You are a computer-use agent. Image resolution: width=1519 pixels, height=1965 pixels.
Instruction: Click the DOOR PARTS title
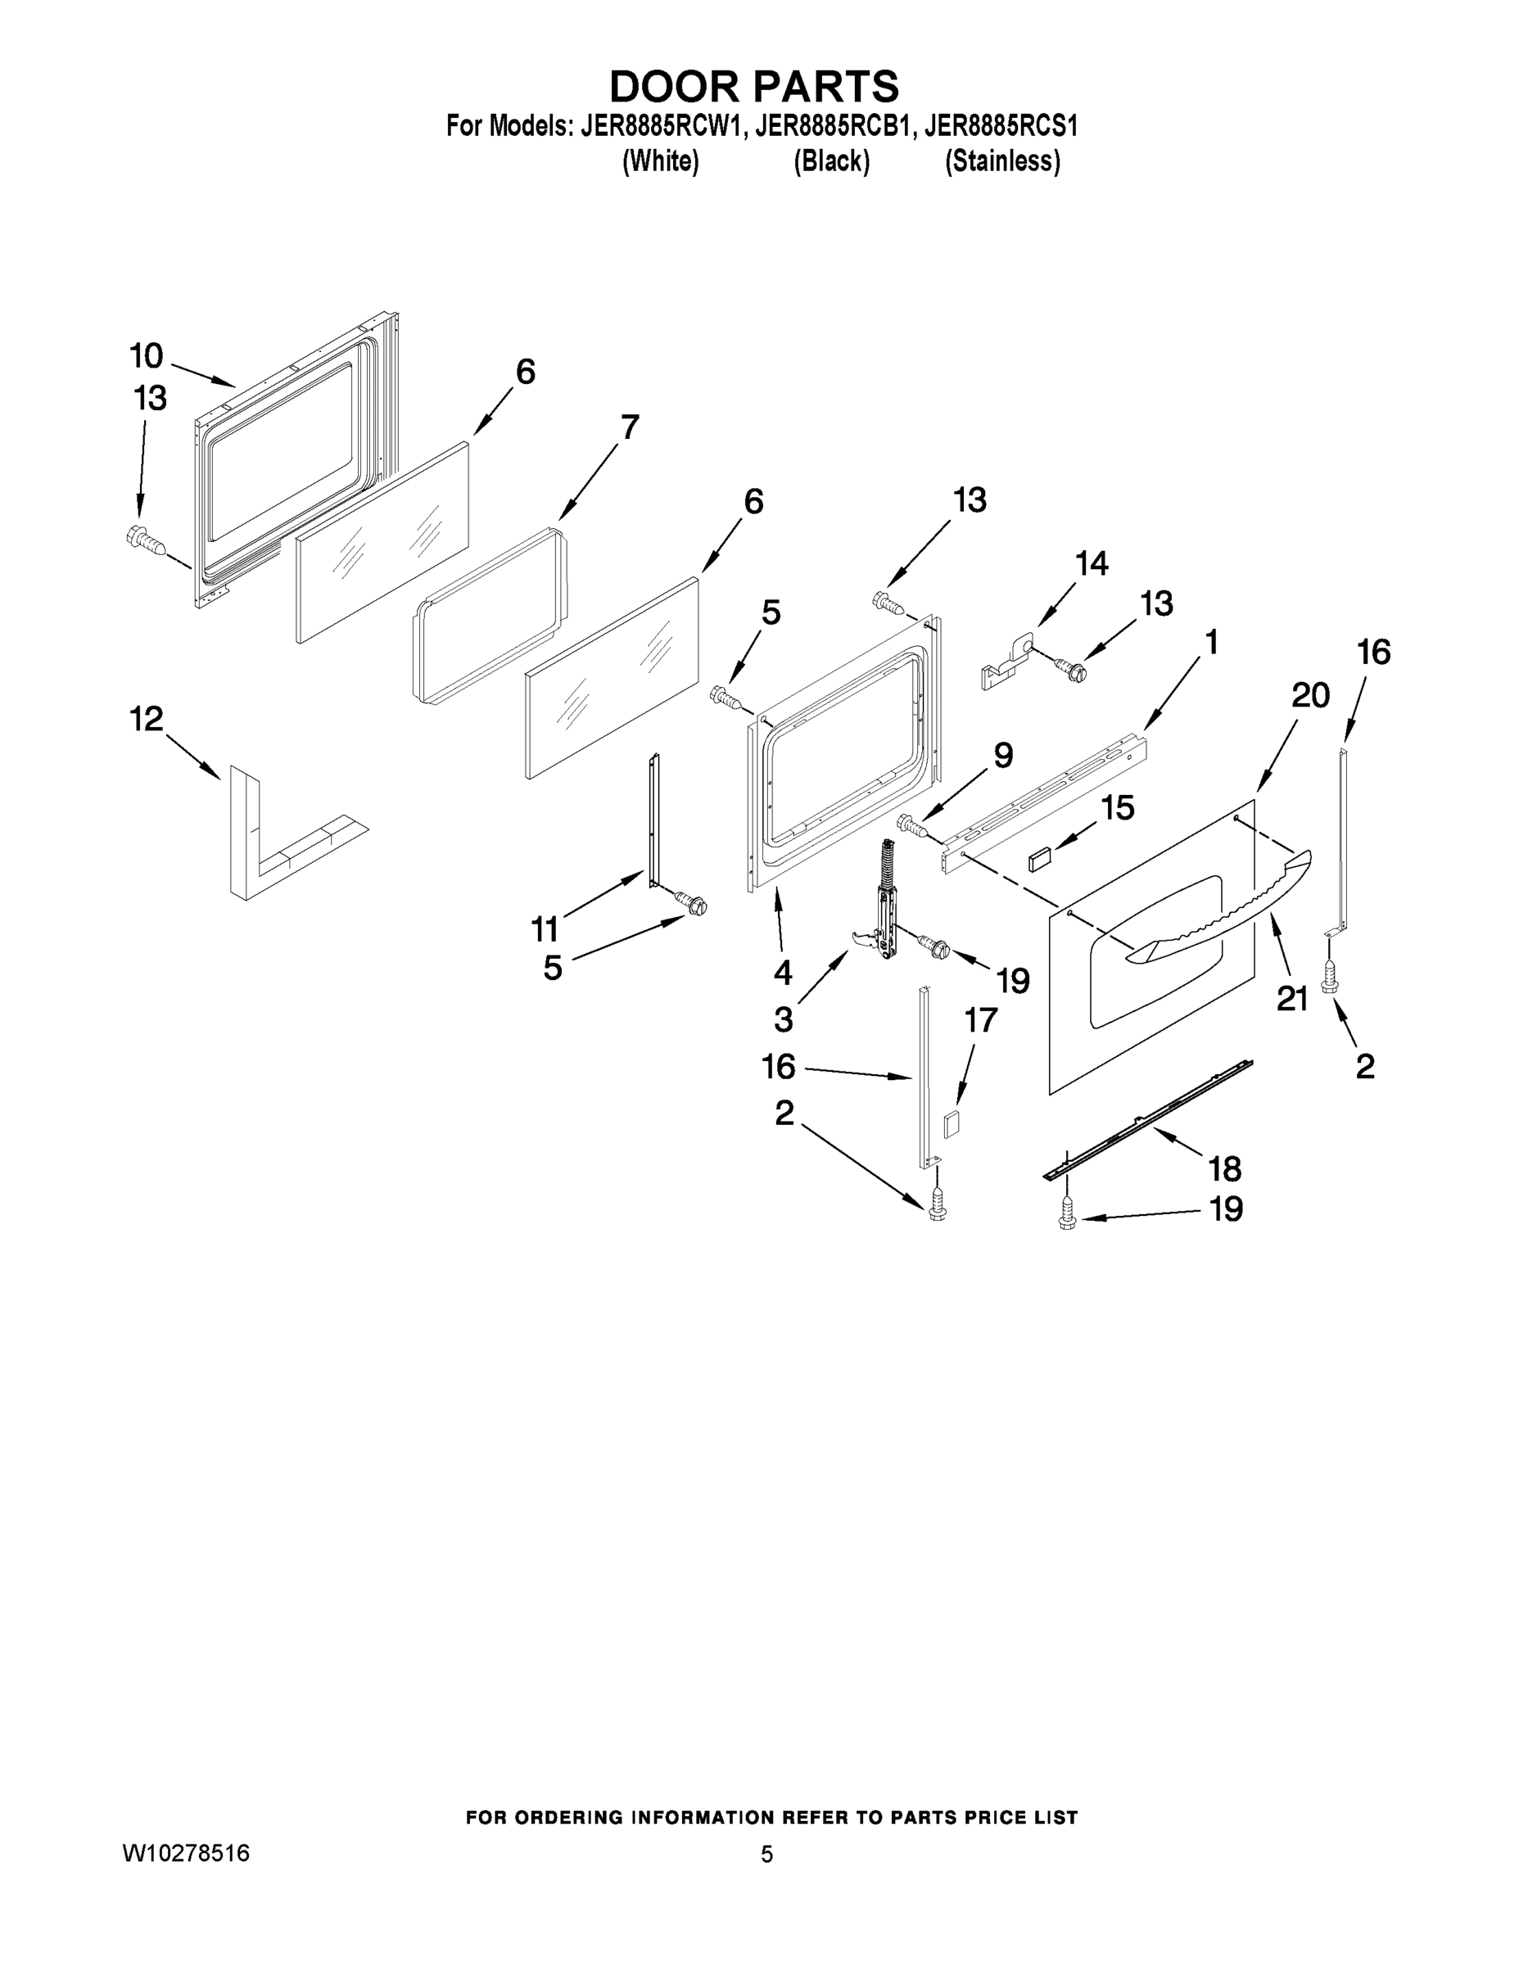[754, 86]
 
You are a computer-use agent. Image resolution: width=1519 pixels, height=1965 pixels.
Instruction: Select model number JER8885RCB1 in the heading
[830, 126]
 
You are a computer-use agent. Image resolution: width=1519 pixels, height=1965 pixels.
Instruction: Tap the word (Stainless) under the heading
[1001, 161]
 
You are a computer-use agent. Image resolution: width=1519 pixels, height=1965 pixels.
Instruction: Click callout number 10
[146, 356]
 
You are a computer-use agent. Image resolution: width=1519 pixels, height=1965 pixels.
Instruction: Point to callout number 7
[629, 427]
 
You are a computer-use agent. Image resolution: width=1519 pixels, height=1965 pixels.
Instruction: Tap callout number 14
[1091, 564]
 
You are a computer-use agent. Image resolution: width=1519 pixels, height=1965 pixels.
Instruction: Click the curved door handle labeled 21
[1215, 909]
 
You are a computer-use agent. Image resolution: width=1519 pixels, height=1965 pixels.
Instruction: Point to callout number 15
[1117, 808]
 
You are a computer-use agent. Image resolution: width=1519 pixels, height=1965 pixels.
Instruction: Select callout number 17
[981, 1019]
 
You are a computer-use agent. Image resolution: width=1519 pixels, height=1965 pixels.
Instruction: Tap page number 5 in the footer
[766, 1854]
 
